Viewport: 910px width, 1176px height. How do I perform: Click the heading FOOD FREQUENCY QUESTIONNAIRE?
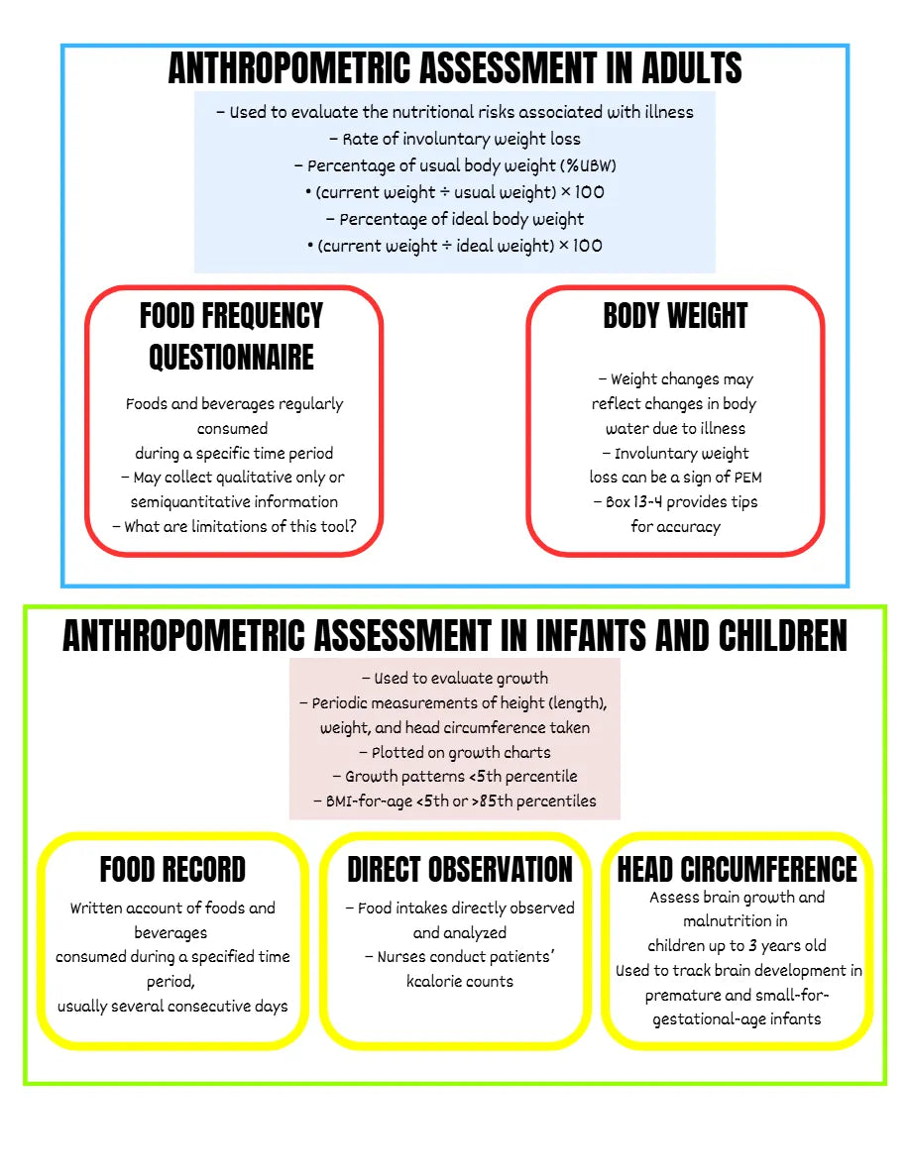pyautogui.click(x=231, y=337)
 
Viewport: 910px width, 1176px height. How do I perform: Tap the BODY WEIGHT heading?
pyautogui.click(x=675, y=316)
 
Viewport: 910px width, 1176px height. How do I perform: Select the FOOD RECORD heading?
pyautogui.click(x=172, y=870)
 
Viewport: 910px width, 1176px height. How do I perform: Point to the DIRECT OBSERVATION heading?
pyautogui.click(x=459, y=870)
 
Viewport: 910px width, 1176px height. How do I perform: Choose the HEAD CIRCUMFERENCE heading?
pyautogui.click(x=737, y=870)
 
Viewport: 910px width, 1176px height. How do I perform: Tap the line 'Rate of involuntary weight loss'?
pyautogui.click(x=455, y=139)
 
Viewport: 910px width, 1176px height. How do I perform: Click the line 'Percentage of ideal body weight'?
pyautogui.click(x=455, y=219)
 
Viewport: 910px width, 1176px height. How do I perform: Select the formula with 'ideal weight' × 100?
pyautogui.click(x=455, y=246)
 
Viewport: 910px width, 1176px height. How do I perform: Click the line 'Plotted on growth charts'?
pyautogui.click(x=455, y=752)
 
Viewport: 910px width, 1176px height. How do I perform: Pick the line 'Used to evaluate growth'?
pyautogui.click(x=455, y=679)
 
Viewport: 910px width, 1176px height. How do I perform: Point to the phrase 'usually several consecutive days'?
pyautogui.click(x=172, y=1006)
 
